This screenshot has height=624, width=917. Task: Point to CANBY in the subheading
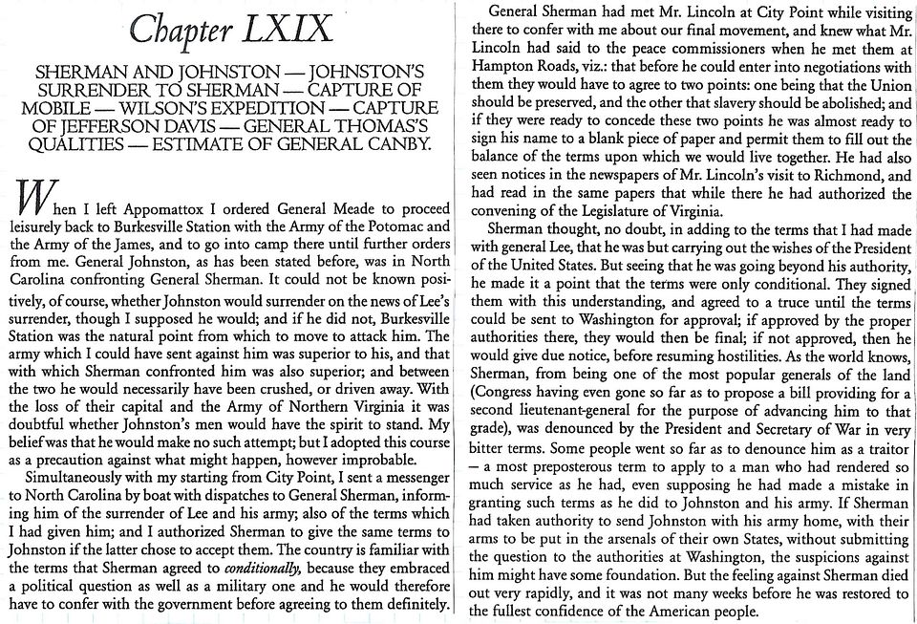[401, 145]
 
